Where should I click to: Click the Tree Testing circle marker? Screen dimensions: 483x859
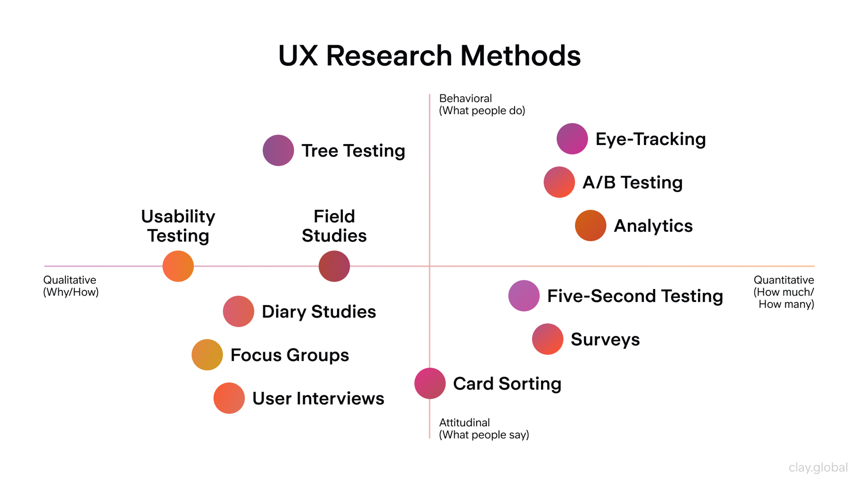click(278, 150)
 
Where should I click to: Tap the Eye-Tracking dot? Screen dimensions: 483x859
click(572, 139)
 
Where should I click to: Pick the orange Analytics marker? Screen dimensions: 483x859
click(590, 225)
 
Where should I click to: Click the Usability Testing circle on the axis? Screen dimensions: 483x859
click(178, 266)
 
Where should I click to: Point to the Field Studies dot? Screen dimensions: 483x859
click(334, 266)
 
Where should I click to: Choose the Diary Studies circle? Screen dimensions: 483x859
click(238, 311)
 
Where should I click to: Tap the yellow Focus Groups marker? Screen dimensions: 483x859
click(207, 354)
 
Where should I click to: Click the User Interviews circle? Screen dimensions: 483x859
click(229, 398)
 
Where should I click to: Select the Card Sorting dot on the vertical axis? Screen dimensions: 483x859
click(430, 383)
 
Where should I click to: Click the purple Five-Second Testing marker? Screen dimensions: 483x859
click(524, 296)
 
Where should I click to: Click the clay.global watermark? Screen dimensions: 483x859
click(818, 467)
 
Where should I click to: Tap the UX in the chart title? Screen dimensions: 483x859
click(298, 56)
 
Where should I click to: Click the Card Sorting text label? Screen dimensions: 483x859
click(507, 384)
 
